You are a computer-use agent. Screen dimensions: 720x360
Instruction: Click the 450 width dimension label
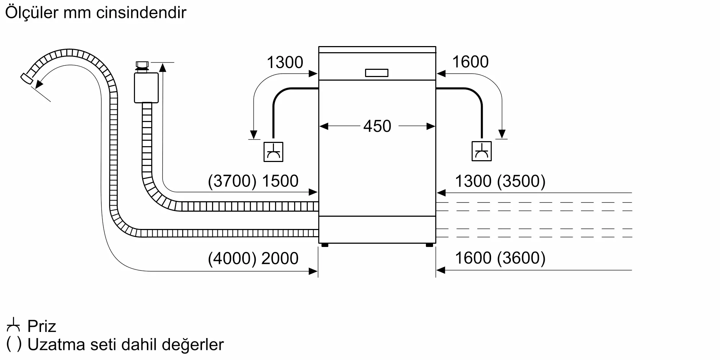coord(377,126)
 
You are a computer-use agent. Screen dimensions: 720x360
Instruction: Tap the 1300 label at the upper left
coord(285,62)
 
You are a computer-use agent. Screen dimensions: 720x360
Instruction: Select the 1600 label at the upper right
coord(470,62)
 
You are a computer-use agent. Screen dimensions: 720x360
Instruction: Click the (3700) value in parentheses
coord(232,181)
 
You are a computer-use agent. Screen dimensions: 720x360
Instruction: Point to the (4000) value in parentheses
coord(232,258)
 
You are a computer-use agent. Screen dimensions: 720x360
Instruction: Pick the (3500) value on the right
coord(521,181)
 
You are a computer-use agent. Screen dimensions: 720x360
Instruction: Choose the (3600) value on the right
coord(521,258)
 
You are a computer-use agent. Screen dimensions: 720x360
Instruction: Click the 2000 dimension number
coord(280,258)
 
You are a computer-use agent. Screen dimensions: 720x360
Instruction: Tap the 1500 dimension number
coord(280,181)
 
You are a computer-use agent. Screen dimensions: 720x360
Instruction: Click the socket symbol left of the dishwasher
coord(273,152)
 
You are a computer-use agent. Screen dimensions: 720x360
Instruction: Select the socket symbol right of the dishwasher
coord(482,151)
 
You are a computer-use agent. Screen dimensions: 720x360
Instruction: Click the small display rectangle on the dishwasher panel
coord(377,73)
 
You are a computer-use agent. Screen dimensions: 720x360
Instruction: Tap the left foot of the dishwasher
coord(325,245)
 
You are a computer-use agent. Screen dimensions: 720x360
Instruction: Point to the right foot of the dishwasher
coord(429,245)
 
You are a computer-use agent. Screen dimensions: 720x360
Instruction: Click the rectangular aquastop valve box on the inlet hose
coord(146,88)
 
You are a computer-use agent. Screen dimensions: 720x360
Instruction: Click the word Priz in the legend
coord(42,326)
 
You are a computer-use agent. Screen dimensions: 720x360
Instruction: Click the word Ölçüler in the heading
coord(32,13)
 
